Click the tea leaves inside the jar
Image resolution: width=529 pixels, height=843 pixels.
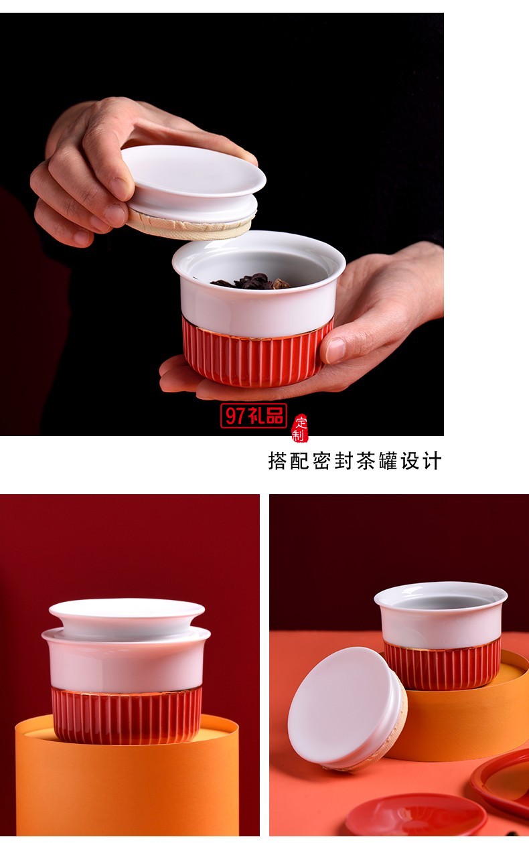click(x=252, y=282)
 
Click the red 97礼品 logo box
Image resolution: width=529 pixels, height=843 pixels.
click(x=253, y=416)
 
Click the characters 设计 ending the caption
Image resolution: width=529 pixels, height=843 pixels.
click(x=422, y=461)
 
